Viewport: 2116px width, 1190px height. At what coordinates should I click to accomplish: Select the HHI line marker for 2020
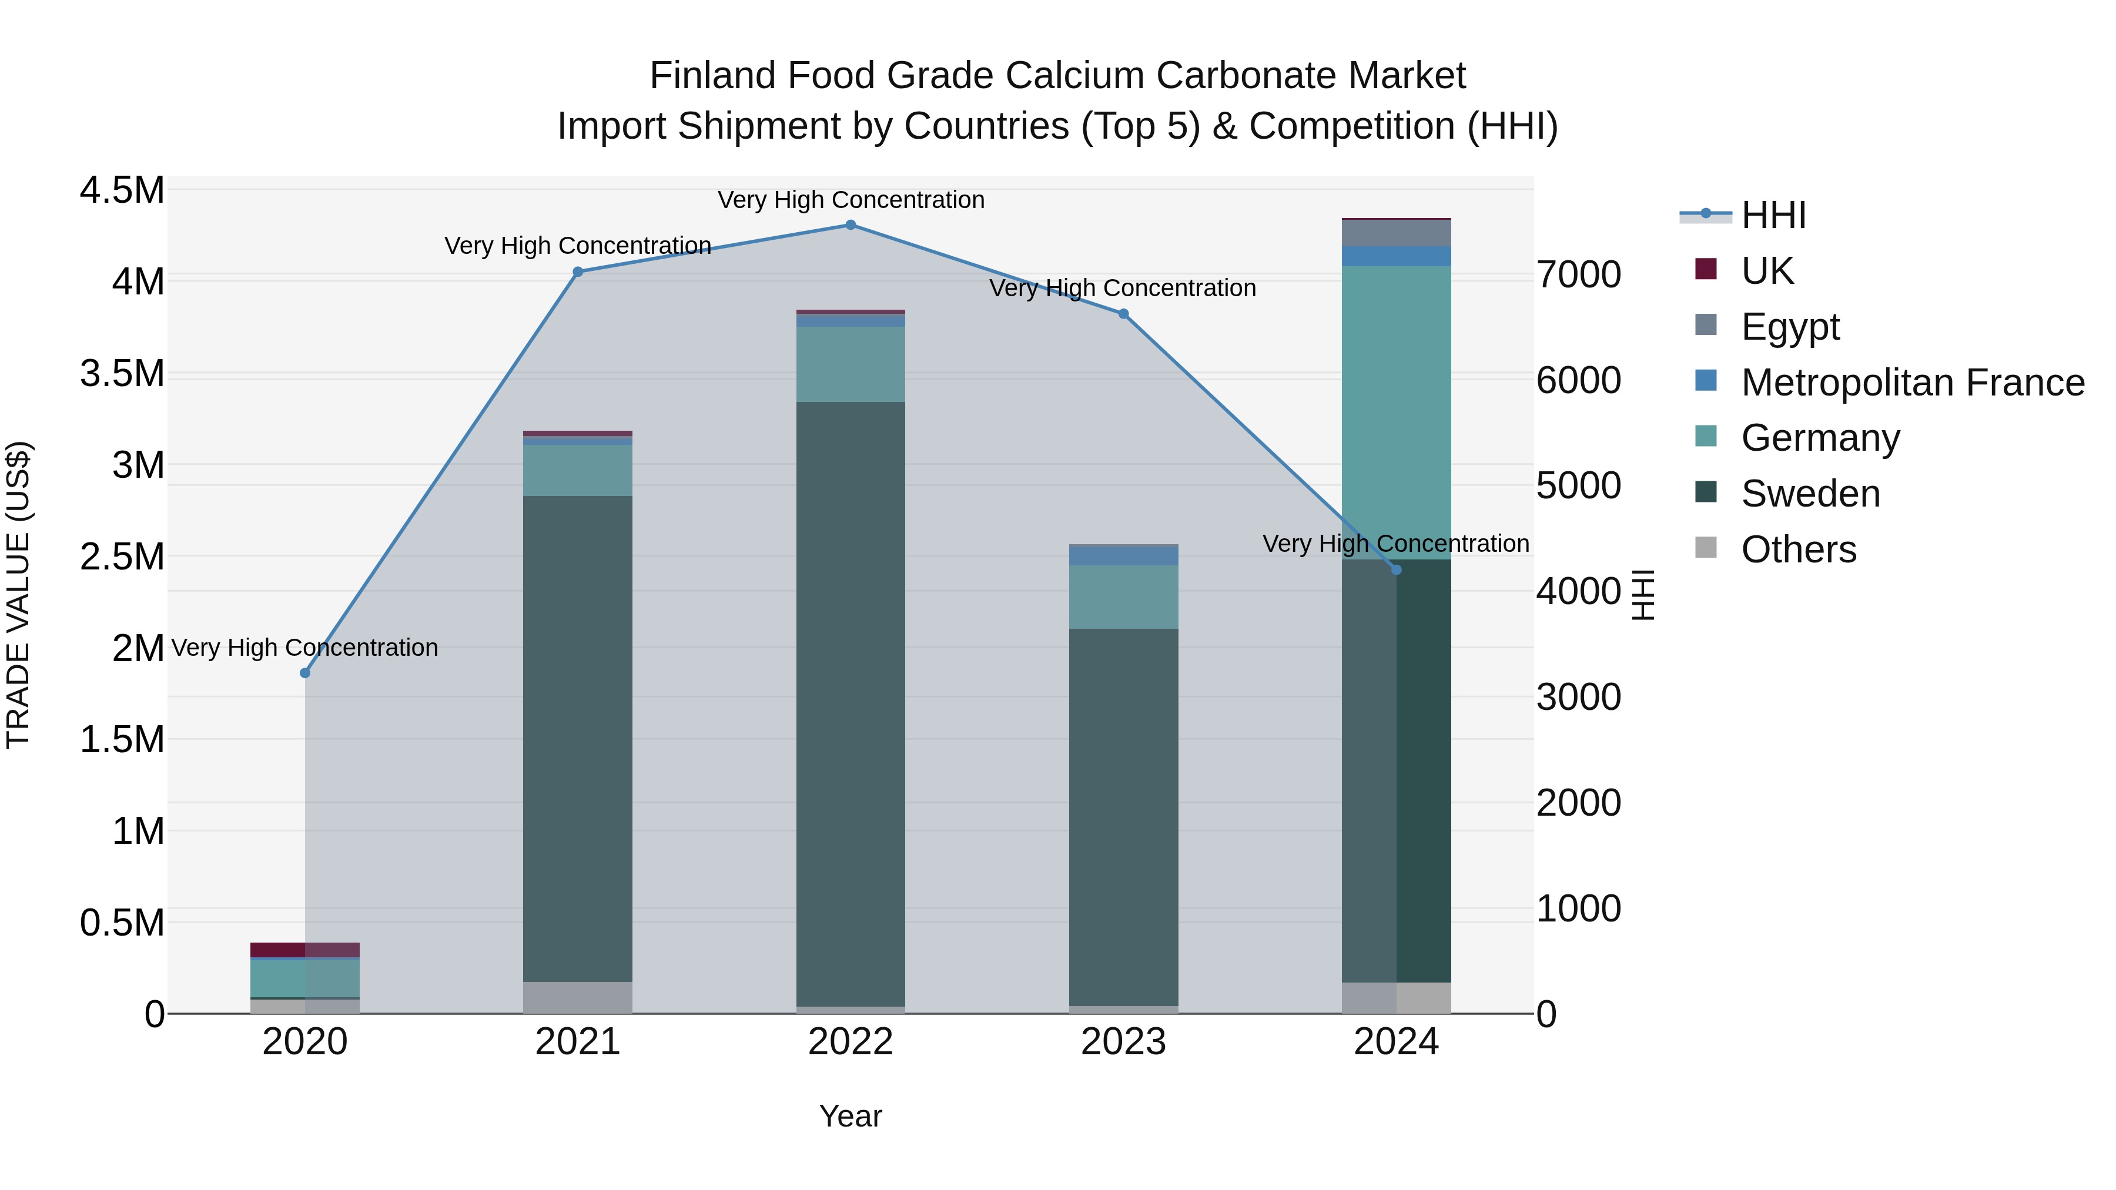[x=304, y=673]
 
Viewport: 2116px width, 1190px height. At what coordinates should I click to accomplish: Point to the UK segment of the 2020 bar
[x=304, y=950]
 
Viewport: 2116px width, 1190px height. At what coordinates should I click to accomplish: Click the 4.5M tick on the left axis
[x=122, y=190]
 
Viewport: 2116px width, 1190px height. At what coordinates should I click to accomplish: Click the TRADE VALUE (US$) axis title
[x=18, y=595]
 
